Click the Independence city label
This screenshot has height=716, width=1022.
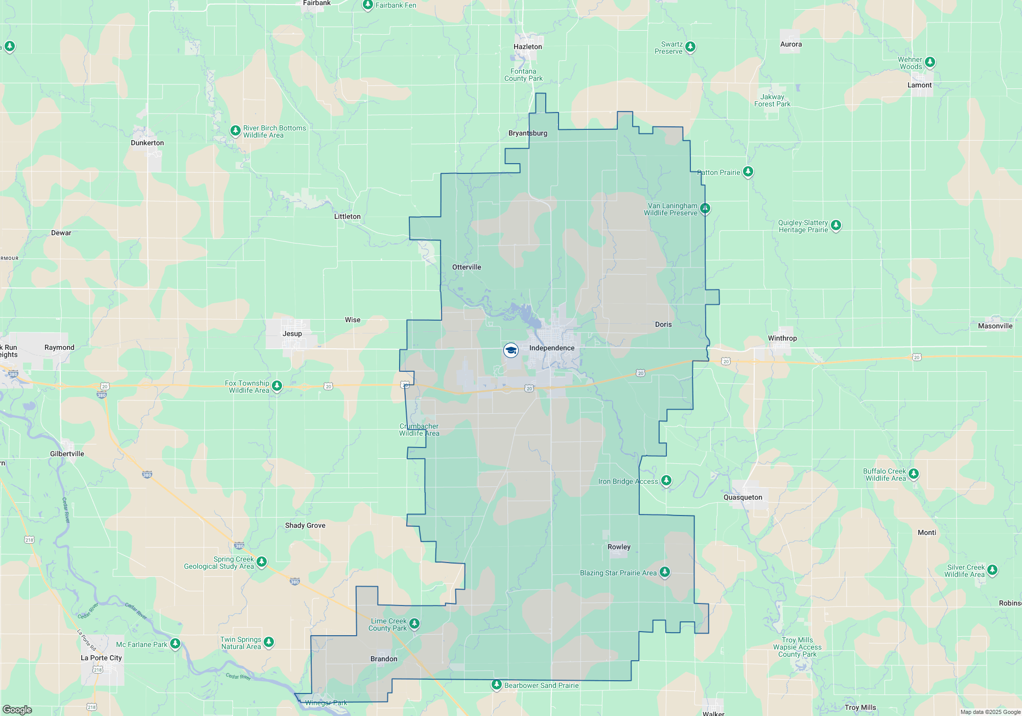pyautogui.click(x=551, y=348)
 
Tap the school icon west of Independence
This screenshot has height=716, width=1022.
pyautogui.click(x=510, y=350)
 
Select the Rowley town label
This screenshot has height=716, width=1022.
pyautogui.click(x=619, y=547)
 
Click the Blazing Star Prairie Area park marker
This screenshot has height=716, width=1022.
pyautogui.click(x=664, y=572)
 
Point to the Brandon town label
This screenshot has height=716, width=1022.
pyautogui.click(x=384, y=659)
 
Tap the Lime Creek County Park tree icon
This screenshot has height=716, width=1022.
pyautogui.click(x=414, y=623)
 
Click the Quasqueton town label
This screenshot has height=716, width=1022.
pyautogui.click(x=742, y=498)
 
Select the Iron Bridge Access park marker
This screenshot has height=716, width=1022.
pyautogui.click(x=666, y=480)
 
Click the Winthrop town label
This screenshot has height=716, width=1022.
pyautogui.click(x=782, y=339)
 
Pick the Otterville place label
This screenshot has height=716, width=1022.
pyautogui.click(x=467, y=267)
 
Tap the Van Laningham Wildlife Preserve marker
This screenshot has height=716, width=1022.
pyautogui.click(x=705, y=208)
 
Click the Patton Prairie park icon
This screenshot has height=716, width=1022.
pyautogui.click(x=748, y=171)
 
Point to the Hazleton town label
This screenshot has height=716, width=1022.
pyautogui.click(x=527, y=47)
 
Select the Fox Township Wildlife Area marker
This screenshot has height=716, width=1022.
pyautogui.click(x=276, y=386)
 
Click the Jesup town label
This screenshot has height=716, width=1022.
pyautogui.click(x=292, y=334)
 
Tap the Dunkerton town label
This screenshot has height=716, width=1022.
pyautogui.click(x=147, y=143)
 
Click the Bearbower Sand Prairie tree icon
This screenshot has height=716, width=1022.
pyautogui.click(x=496, y=684)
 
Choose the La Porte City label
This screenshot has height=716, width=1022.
pyautogui.click(x=101, y=658)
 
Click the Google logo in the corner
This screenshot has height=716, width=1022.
pyautogui.click(x=17, y=709)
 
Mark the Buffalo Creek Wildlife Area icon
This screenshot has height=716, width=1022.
pyautogui.click(x=913, y=474)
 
